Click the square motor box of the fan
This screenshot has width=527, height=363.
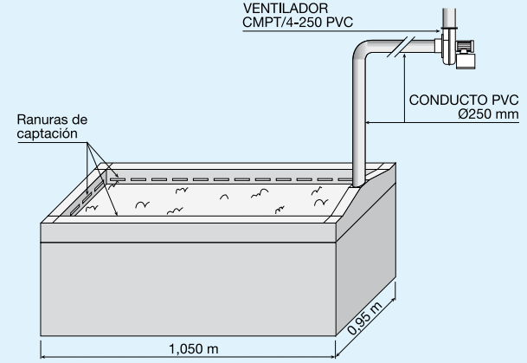(x=467, y=59)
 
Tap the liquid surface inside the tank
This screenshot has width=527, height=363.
(x=216, y=201)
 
